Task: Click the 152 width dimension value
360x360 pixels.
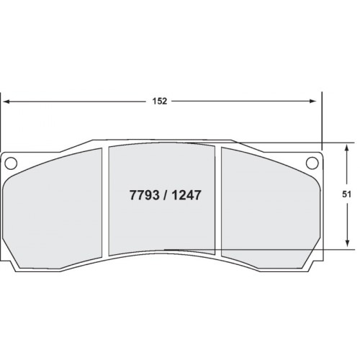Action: click(x=160, y=102)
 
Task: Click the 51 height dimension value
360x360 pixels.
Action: click(x=346, y=194)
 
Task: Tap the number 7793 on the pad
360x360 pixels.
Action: click(x=145, y=195)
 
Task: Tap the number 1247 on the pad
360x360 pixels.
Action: click(x=186, y=195)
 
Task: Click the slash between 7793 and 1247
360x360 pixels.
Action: click(x=166, y=195)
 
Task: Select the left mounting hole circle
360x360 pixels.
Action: click(x=11, y=163)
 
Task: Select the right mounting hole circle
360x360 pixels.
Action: click(x=312, y=163)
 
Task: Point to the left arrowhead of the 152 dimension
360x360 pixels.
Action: click(x=6, y=102)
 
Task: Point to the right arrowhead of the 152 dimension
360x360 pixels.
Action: click(x=313, y=102)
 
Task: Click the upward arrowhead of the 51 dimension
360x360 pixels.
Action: click(x=346, y=148)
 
